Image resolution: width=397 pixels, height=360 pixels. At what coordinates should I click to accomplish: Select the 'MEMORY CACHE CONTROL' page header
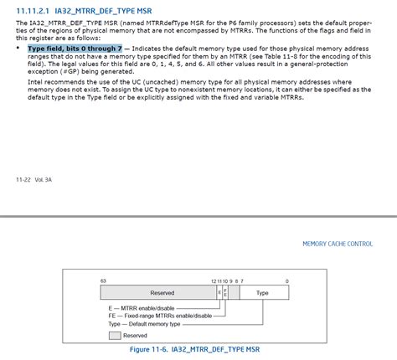pyautogui.click(x=338, y=244)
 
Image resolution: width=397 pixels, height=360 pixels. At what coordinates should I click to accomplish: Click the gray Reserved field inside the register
pyautogui.click(x=162, y=293)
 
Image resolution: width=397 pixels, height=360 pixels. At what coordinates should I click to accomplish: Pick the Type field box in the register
pyautogui.click(x=262, y=293)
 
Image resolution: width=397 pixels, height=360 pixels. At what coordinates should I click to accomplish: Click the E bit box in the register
pyautogui.click(x=219, y=293)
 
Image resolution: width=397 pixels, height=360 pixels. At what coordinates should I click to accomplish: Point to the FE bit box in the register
pyautogui.click(x=225, y=293)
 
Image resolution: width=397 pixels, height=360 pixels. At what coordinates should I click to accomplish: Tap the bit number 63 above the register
pyautogui.click(x=103, y=280)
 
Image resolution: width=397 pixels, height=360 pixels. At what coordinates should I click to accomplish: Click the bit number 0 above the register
pyautogui.click(x=286, y=280)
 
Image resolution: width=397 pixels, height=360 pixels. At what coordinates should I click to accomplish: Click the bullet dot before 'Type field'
pyautogui.click(x=18, y=49)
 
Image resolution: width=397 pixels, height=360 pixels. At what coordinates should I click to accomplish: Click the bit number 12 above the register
pyautogui.click(x=214, y=280)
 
